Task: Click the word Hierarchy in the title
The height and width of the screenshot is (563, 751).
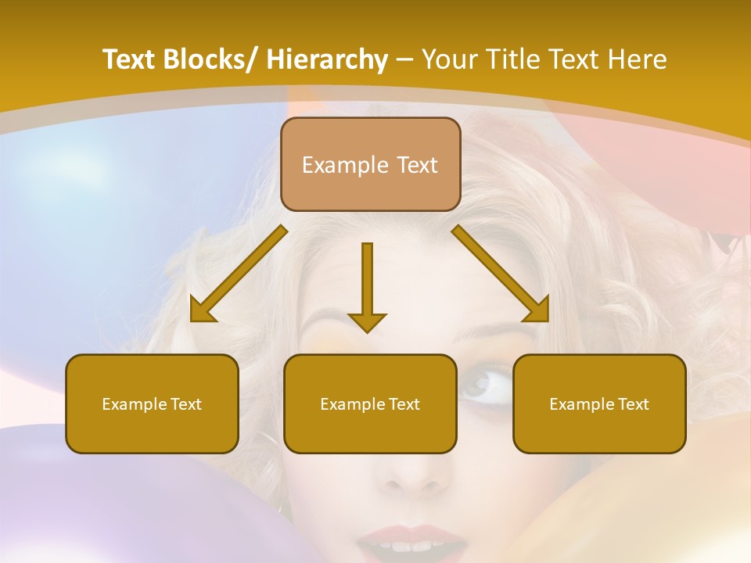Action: pos(327,59)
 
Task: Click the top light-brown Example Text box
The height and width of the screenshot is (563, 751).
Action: pos(370,165)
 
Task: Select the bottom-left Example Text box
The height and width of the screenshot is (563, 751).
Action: pos(152,404)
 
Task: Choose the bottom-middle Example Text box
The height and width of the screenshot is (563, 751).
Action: pos(370,404)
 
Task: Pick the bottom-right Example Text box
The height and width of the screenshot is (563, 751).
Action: pos(599,404)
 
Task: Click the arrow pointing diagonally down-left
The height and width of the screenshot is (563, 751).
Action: pos(238,274)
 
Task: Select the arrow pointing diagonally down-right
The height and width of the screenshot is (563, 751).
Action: pos(501,274)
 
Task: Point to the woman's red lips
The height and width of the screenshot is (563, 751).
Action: pos(415,540)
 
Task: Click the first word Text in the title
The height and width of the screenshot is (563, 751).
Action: pos(128,59)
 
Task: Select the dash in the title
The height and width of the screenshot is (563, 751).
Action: pos(404,59)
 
